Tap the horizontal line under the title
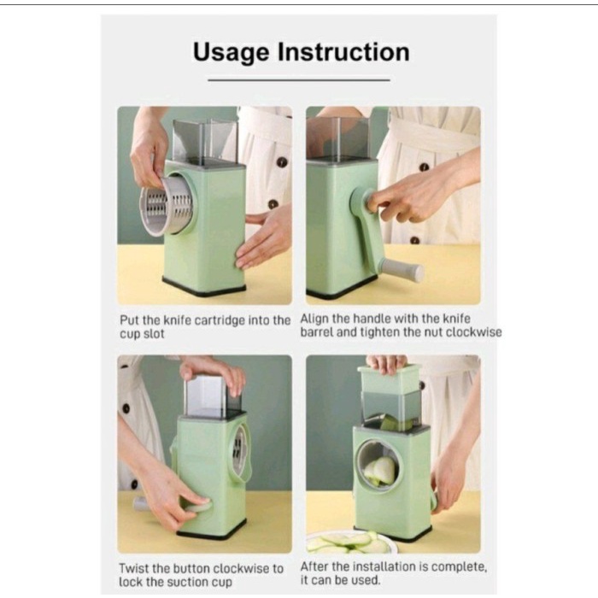299,79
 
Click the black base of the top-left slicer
204,288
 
